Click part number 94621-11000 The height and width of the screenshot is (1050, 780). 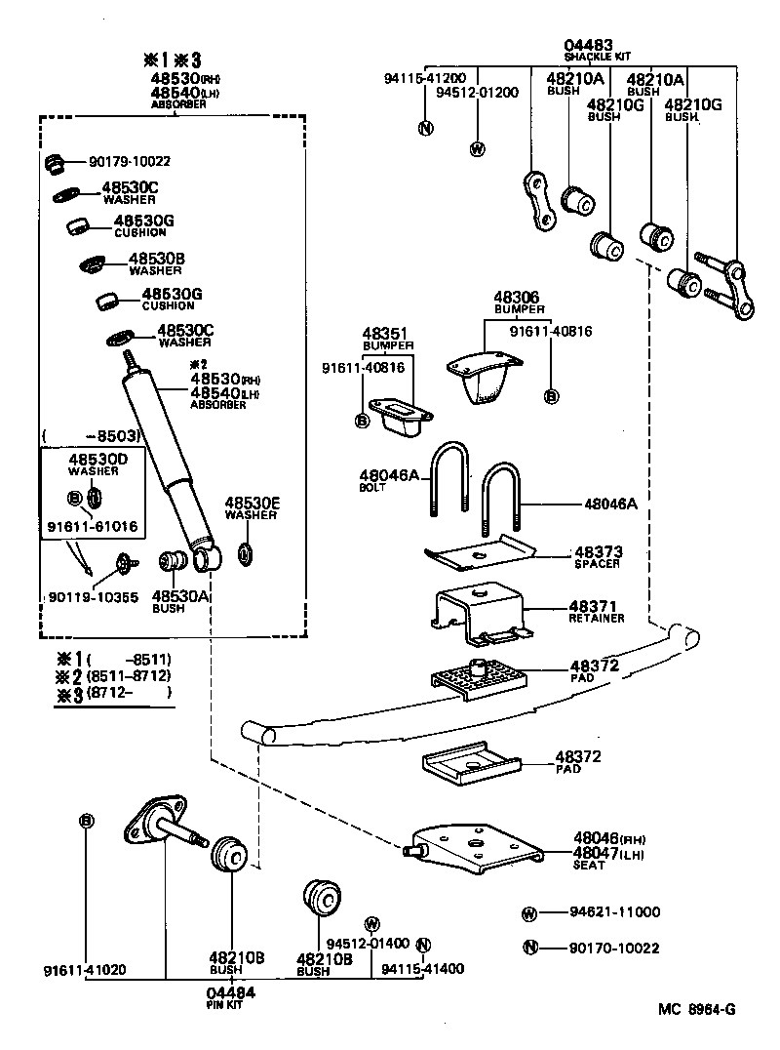614,912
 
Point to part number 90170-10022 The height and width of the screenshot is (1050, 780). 614,948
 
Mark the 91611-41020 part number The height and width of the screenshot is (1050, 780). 84,971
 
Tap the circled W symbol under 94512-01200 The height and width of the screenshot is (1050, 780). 477,149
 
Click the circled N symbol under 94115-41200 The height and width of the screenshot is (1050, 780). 424,128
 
